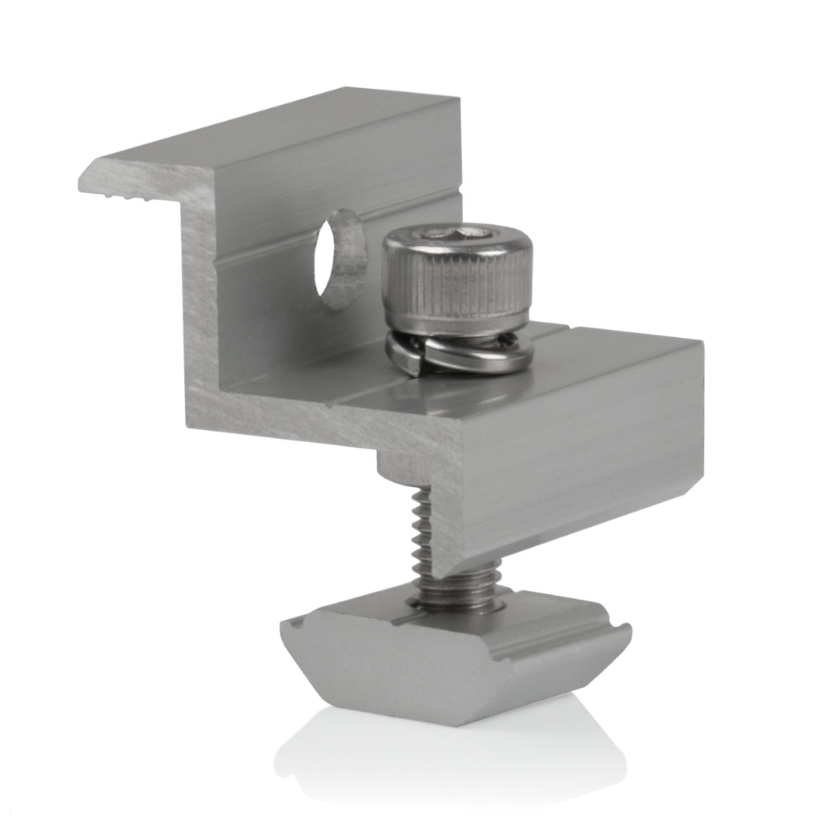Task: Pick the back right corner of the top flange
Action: point(456,100)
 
